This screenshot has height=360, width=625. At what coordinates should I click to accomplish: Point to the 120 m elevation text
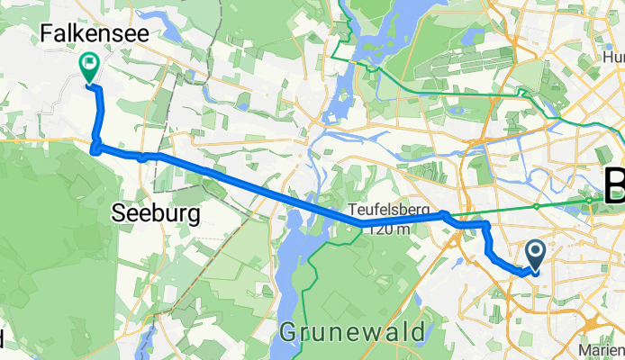click(x=389, y=229)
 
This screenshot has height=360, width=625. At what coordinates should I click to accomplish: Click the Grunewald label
click(x=352, y=332)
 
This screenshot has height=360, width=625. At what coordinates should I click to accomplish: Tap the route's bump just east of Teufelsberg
click(x=445, y=214)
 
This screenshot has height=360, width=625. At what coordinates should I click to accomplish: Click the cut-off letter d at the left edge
click(x=3, y=338)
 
